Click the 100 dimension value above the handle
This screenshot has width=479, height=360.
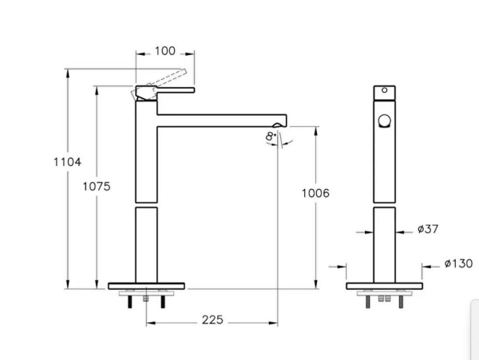[x=165, y=51]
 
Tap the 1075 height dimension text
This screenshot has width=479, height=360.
[x=96, y=186]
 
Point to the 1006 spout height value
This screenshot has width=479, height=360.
[x=316, y=193]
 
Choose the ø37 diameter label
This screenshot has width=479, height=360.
[x=428, y=230]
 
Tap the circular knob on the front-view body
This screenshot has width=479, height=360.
[x=385, y=121]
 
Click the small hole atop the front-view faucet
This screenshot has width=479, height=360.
[x=384, y=92]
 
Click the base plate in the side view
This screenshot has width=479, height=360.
[x=147, y=285]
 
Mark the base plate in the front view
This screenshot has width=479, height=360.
[x=385, y=285]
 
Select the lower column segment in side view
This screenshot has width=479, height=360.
[x=146, y=243]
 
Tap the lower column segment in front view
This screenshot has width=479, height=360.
[x=385, y=243]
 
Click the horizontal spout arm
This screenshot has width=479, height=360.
[x=220, y=120]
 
